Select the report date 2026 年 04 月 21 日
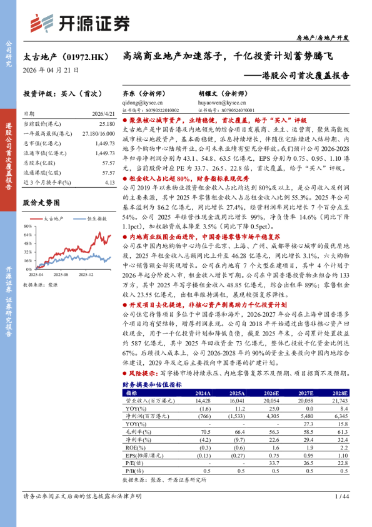tap(51, 71)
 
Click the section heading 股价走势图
tap(41, 203)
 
